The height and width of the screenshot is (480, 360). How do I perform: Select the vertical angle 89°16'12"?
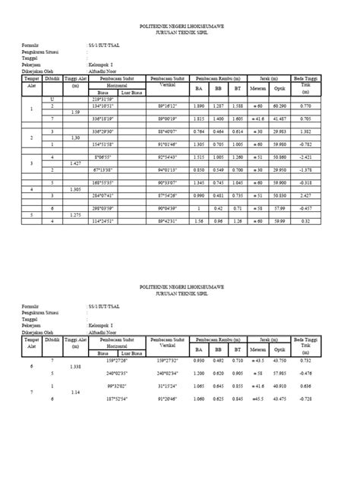168,106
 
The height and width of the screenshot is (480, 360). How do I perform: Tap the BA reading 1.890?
199,106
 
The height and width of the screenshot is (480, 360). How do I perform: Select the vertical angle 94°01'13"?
168,171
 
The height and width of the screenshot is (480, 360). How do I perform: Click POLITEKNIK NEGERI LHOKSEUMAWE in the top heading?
180,25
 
